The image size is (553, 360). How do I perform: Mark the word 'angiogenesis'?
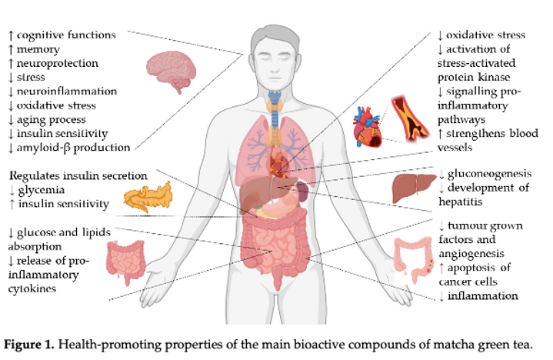click(x=470, y=253)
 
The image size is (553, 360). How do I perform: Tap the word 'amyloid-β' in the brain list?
click(x=48, y=147)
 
